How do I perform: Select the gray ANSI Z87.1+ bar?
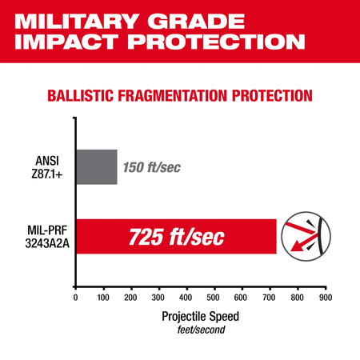tap(96, 167)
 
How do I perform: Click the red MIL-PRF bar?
tap(175, 236)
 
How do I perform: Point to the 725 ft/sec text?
tap(178, 237)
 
